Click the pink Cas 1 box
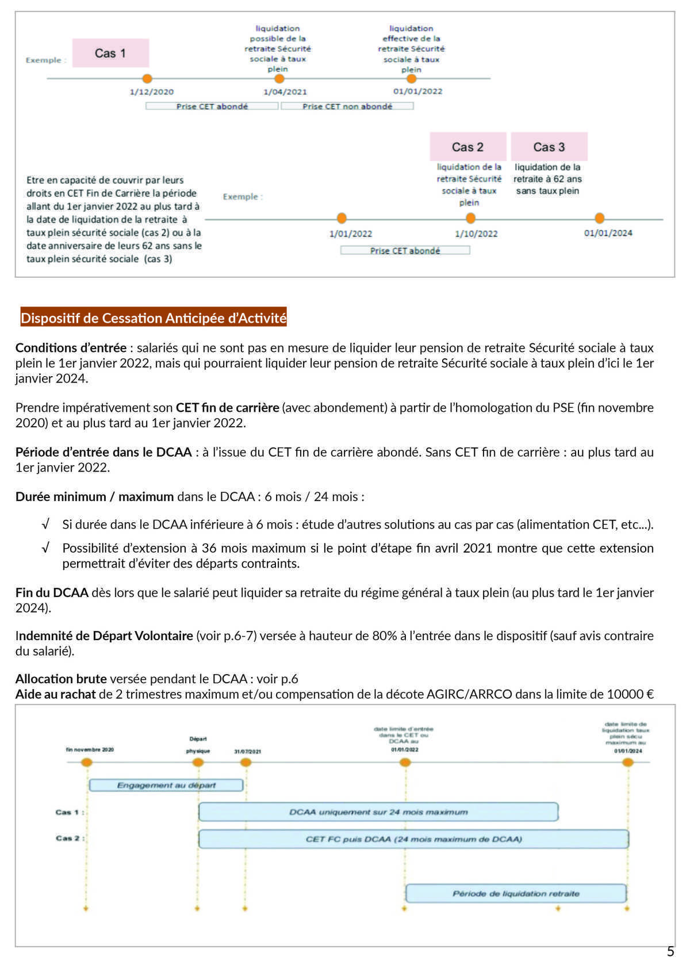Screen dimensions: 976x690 (110, 53)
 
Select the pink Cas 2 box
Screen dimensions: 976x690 (467, 147)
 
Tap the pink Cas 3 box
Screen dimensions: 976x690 (549, 147)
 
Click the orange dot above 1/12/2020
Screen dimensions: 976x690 (147, 79)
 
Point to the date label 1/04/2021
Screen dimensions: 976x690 (285, 92)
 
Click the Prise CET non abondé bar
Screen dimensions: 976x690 (347, 106)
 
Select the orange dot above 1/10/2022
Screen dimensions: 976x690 (470, 219)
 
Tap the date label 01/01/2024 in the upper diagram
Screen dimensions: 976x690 (608, 233)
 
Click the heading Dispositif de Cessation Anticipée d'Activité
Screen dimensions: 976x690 (154, 318)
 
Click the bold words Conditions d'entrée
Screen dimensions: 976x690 (71, 348)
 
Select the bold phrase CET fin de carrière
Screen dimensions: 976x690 (227, 408)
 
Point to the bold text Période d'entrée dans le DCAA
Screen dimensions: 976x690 (103, 452)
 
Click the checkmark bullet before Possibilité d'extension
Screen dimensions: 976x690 (45, 548)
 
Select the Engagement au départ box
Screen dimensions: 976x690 (166, 785)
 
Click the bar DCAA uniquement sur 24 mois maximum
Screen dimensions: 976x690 (378, 812)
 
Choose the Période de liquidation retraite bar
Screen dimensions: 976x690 (516, 894)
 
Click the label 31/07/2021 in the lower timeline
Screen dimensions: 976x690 (247, 752)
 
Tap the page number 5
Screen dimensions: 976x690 (670, 952)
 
